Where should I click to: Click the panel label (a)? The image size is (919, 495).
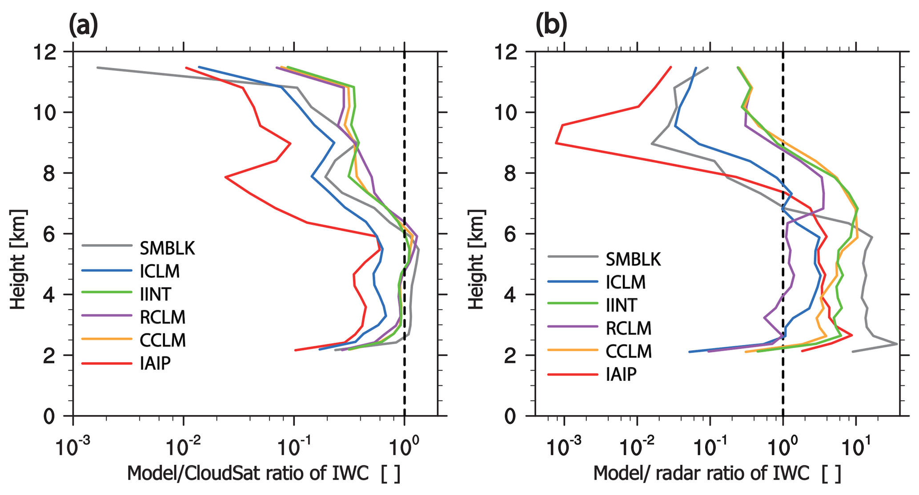[x=83, y=25]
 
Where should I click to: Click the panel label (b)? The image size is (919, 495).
[x=551, y=25]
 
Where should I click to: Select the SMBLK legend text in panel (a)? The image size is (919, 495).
[x=167, y=248]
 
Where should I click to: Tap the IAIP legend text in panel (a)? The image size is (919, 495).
[x=155, y=364]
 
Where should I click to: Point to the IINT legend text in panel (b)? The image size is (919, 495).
[x=622, y=305]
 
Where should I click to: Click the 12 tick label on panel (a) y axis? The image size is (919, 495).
[x=44, y=53]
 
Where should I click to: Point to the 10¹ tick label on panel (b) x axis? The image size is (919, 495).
[x=855, y=447]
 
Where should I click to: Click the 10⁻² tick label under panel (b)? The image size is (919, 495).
[x=637, y=447]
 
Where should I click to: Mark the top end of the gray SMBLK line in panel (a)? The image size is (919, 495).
[x=97, y=67]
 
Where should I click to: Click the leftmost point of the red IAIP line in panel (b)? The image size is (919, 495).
[x=556, y=143]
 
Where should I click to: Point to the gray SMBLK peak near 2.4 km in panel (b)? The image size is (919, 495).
[x=897, y=344]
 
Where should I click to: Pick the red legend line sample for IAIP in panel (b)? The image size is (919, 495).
[x=573, y=375]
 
